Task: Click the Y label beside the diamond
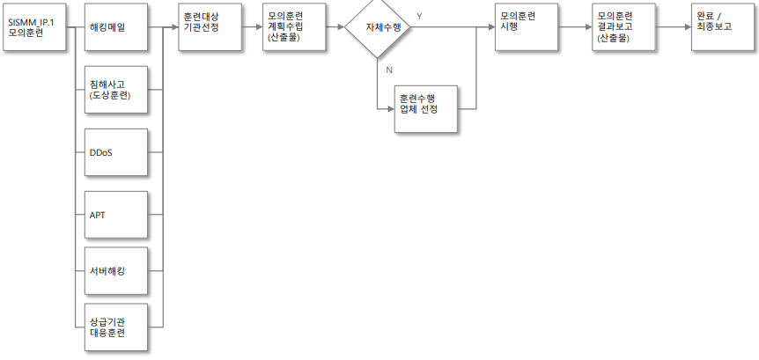pyautogui.click(x=419, y=16)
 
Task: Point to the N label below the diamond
pyautogui.click(x=389, y=70)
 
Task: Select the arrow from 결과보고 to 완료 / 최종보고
pyautogui.click(x=673, y=27)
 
